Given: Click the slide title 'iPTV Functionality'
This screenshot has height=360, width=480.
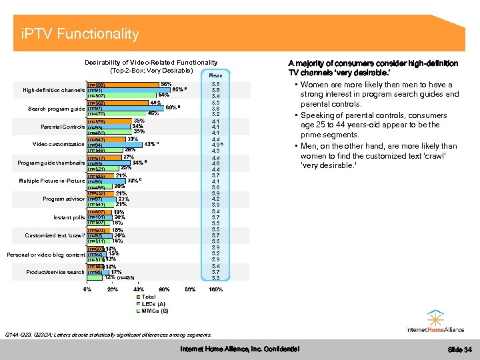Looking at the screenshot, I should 80,34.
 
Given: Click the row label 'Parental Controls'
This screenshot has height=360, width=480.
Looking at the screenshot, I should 63,127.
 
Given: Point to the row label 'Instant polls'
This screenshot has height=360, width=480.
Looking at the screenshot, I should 69,217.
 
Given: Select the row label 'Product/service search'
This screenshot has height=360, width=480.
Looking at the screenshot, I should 55,271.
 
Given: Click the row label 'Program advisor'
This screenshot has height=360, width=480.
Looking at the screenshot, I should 63,199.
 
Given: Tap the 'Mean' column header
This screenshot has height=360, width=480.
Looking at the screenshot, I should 216,75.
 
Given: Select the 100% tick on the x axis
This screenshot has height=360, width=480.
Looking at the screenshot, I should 215,289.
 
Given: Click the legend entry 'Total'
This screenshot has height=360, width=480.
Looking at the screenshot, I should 148,297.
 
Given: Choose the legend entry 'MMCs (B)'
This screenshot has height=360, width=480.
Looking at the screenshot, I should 155,311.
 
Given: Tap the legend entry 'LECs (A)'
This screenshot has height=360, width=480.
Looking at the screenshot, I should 153,304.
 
